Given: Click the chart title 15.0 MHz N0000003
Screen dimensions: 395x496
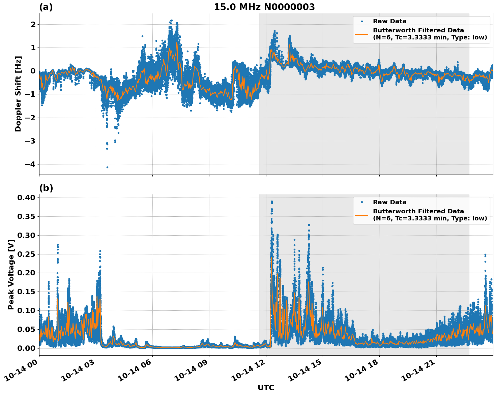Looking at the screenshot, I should [x=264, y=7].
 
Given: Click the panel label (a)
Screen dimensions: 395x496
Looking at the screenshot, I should [x=46, y=7].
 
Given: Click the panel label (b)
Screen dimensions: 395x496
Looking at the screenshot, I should [x=46, y=188].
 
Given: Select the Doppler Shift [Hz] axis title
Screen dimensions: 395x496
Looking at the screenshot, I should [x=18, y=94].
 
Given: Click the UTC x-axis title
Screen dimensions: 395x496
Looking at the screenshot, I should [x=266, y=388].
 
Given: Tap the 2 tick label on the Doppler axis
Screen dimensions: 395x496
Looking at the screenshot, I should [x=33, y=24].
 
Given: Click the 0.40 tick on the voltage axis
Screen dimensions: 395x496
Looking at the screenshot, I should [x=26, y=197].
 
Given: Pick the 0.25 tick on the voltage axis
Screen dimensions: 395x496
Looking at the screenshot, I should [x=26, y=254].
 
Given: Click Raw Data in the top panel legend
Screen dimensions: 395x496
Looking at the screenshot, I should [x=389, y=21].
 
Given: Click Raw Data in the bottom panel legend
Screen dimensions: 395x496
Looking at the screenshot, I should [x=389, y=202].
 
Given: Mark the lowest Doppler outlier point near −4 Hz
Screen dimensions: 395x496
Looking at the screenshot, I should [x=107, y=167].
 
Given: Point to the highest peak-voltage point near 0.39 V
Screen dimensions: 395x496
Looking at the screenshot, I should [x=272, y=202].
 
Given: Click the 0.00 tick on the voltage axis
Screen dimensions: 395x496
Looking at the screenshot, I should [x=26, y=348].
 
